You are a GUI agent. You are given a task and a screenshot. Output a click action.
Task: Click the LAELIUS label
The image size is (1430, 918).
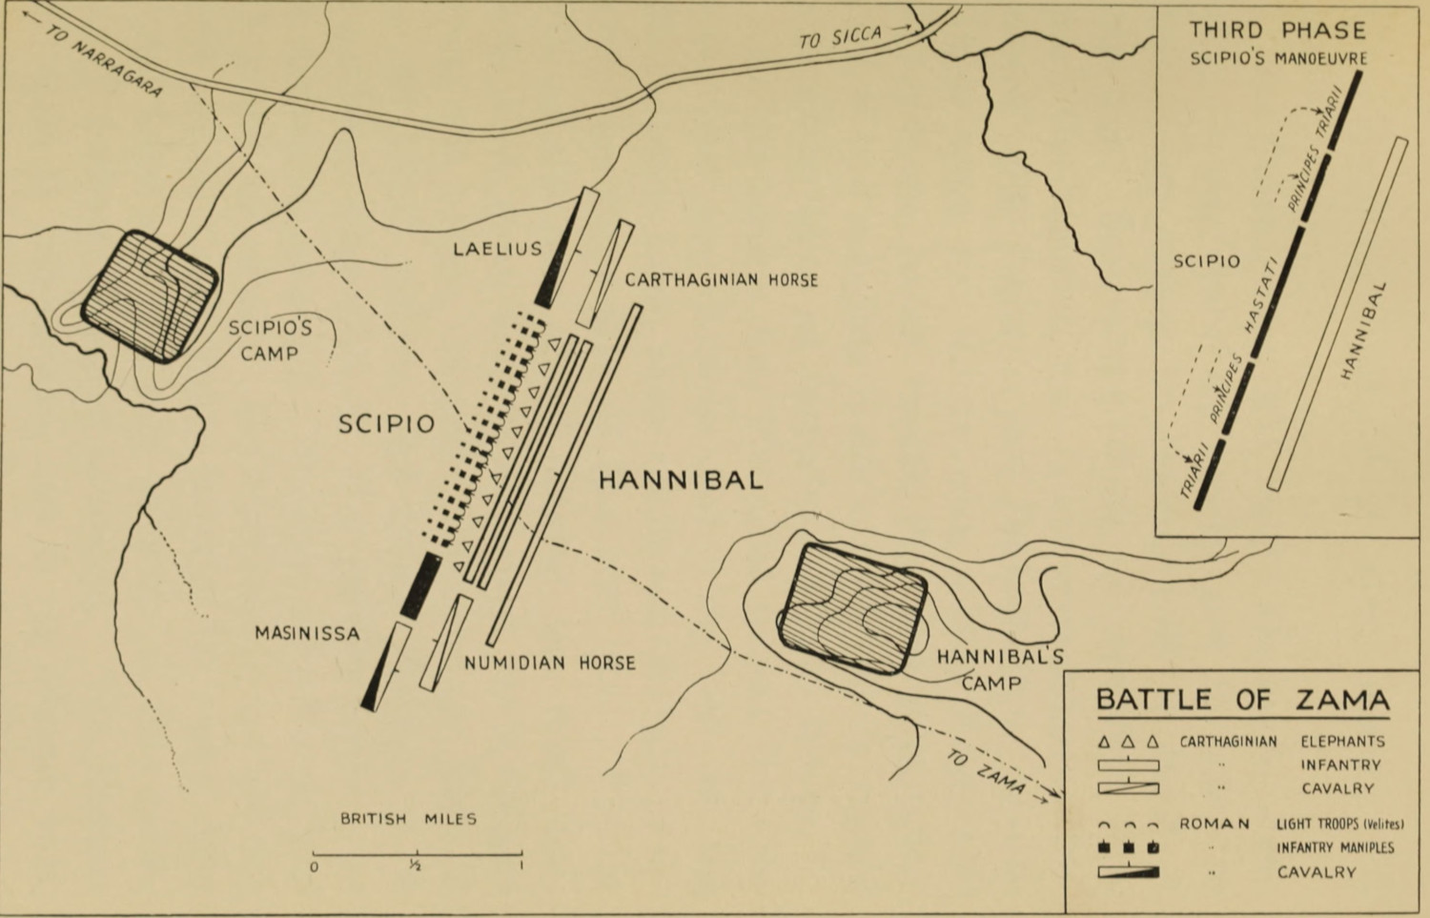[x=497, y=250]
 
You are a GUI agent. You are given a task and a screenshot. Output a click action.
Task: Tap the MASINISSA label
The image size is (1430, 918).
[x=307, y=633]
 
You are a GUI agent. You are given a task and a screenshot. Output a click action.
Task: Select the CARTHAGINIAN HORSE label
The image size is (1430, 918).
[x=722, y=280]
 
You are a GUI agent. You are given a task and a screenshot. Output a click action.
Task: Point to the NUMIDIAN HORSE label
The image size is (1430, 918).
[x=549, y=663]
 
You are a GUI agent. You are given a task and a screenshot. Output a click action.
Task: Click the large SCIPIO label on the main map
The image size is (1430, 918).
[x=387, y=424]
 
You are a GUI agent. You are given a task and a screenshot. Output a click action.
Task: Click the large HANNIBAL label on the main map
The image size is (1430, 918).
[x=681, y=479]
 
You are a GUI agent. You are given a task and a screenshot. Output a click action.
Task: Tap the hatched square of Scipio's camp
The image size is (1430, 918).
[x=150, y=296]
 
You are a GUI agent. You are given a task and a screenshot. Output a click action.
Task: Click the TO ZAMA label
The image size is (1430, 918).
[x=987, y=771]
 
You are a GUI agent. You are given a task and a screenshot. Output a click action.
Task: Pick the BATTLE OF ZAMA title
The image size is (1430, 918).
[x=1242, y=701]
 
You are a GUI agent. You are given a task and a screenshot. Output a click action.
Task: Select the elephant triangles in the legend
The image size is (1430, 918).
[x=1128, y=742]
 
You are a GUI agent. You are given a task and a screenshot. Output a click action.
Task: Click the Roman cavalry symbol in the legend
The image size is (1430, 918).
[x=1128, y=872]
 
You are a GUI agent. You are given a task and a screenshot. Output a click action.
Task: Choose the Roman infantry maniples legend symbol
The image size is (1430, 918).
[x=1128, y=847]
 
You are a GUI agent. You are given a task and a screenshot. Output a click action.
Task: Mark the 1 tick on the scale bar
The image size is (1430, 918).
[x=521, y=852]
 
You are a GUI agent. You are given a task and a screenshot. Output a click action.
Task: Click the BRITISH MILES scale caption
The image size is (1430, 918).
[x=409, y=819]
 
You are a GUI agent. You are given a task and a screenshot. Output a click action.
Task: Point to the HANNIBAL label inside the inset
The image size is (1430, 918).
[x=1361, y=331]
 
